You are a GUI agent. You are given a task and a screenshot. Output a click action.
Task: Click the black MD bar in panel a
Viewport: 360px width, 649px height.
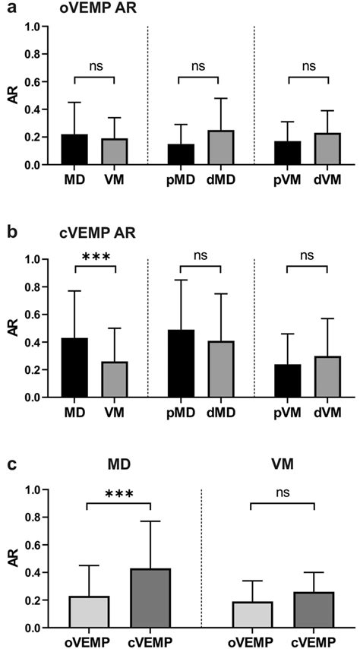tap(75, 150)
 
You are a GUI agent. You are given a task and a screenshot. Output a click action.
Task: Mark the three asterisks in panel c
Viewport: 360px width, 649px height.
tap(119, 495)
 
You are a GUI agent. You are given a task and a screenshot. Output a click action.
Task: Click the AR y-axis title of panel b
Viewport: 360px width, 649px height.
tap(11, 328)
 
